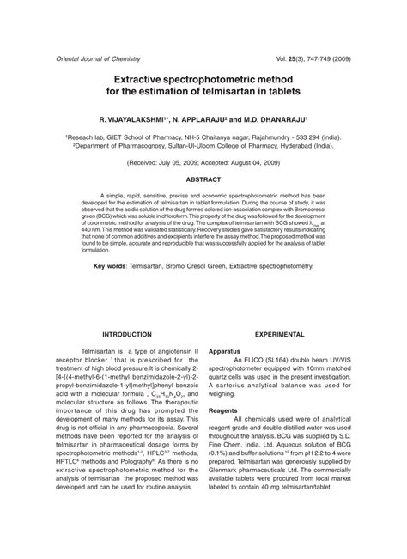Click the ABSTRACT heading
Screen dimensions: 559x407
(203, 180)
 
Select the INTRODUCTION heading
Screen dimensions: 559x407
(126, 334)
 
